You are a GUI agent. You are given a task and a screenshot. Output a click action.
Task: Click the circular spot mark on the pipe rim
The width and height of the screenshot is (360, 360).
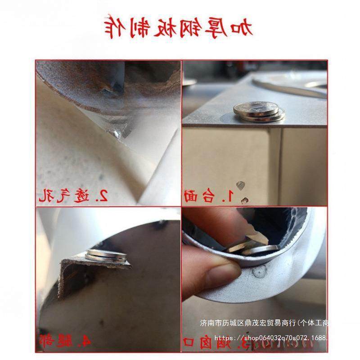pyautogui.click(x=260, y=272)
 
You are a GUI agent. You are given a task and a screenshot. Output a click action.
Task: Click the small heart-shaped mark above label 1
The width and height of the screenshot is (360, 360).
pyautogui.click(x=242, y=184)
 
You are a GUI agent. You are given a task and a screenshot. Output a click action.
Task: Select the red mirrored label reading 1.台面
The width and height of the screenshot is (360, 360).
pyautogui.click(x=209, y=195)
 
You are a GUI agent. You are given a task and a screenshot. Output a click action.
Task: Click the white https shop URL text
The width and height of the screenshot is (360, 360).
pyautogui.click(x=270, y=337)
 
